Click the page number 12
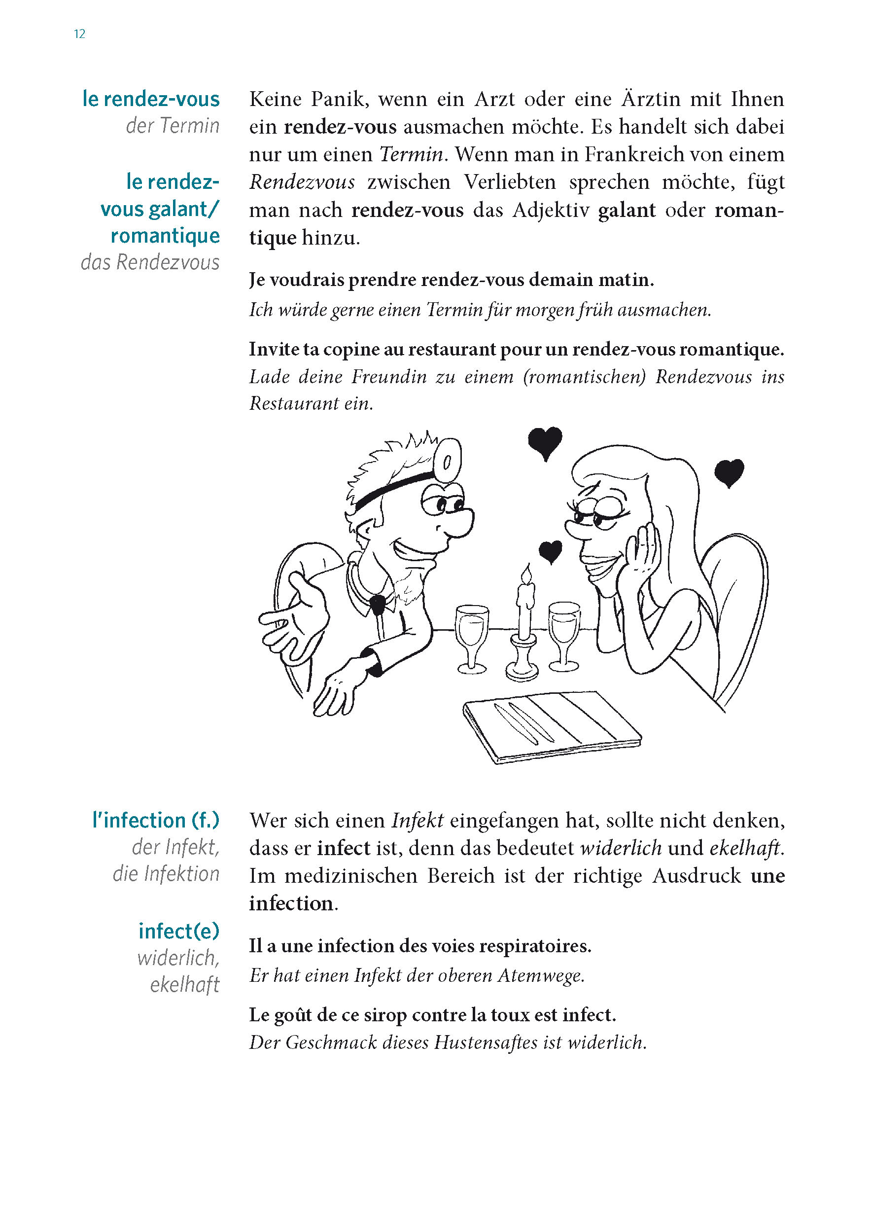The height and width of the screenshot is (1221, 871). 79,35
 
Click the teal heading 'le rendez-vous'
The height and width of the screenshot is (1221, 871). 151,99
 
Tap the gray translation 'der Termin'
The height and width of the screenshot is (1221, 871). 173,126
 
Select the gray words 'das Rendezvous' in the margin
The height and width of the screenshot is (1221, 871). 150,262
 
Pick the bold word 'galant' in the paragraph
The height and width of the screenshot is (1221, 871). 627,210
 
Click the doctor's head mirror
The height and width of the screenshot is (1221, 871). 448,459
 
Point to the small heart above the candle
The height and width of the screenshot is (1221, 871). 550,550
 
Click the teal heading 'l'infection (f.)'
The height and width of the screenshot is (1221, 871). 156,821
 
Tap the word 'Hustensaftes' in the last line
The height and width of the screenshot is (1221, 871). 486,1042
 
